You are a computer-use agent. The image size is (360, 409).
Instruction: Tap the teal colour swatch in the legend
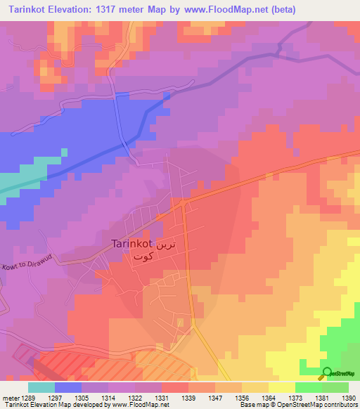click(x=41, y=387)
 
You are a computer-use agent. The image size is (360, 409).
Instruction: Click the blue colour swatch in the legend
click(x=68, y=387)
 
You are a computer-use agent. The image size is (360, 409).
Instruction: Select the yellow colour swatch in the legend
click(x=282, y=387)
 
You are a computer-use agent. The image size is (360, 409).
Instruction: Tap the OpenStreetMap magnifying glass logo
click(x=327, y=373)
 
